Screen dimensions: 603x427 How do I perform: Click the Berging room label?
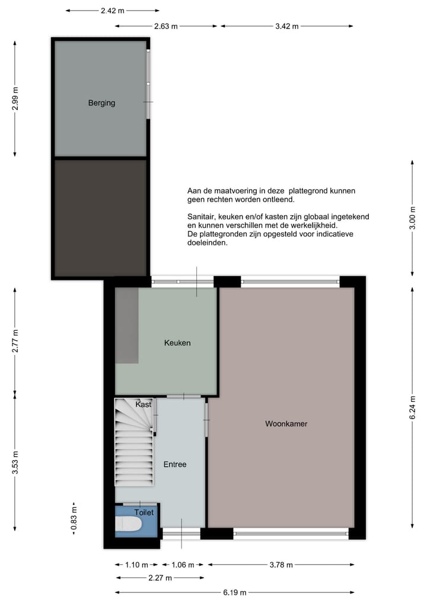[x=101, y=103]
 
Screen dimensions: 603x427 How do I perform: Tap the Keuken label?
[x=177, y=343]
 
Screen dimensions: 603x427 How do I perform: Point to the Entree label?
[x=175, y=464]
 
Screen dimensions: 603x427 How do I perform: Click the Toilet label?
[x=144, y=512]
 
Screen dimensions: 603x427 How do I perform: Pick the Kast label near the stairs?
[x=143, y=404]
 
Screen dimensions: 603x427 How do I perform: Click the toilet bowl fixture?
[x=128, y=524]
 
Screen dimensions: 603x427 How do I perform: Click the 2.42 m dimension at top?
[x=113, y=11]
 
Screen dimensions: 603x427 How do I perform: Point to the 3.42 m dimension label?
[x=286, y=26]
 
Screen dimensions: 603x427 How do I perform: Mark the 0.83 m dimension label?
[x=74, y=519]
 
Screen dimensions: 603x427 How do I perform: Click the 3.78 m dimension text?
[x=281, y=564]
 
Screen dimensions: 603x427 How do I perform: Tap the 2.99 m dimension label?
[x=15, y=98]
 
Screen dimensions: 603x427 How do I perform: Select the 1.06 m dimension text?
[x=182, y=564]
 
